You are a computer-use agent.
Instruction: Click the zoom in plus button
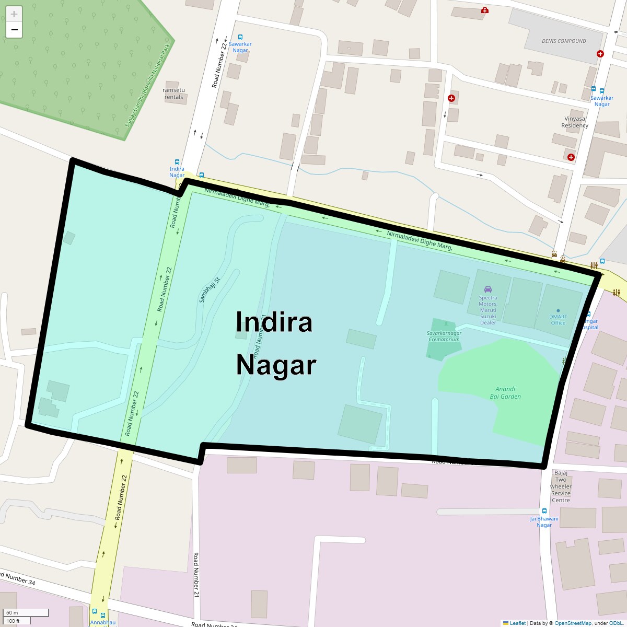[x=14, y=14]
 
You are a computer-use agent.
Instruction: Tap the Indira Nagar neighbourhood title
[x=275, y=343]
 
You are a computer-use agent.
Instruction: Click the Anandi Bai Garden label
[x=505, y=392]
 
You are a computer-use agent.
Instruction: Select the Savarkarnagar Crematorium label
[x=444, y=336]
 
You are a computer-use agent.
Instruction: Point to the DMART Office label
[x=558, y=319]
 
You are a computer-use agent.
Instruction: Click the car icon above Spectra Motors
[x=488, y=289]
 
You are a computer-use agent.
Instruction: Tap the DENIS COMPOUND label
[x=564, y=41]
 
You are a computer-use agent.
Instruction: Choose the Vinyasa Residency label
[x=575, y=122]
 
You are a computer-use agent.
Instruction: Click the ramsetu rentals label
[x=174, y=94]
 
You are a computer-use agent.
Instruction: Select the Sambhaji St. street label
[x=210, y=289]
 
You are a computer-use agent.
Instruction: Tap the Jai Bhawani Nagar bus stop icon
[x=544, y=511]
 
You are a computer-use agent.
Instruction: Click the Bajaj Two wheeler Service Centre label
[x=561, y=486]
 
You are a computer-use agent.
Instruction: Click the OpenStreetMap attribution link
[x=572, y=623]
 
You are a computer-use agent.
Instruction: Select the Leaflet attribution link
[x=517, y=623]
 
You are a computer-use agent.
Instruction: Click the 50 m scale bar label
[x=12, y=612]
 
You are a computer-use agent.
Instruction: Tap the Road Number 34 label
[x=19, y=579]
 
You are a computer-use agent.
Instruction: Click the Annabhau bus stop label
[x=102, y=622]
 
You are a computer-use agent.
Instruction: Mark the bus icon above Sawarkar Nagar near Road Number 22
[x=240, y=37]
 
